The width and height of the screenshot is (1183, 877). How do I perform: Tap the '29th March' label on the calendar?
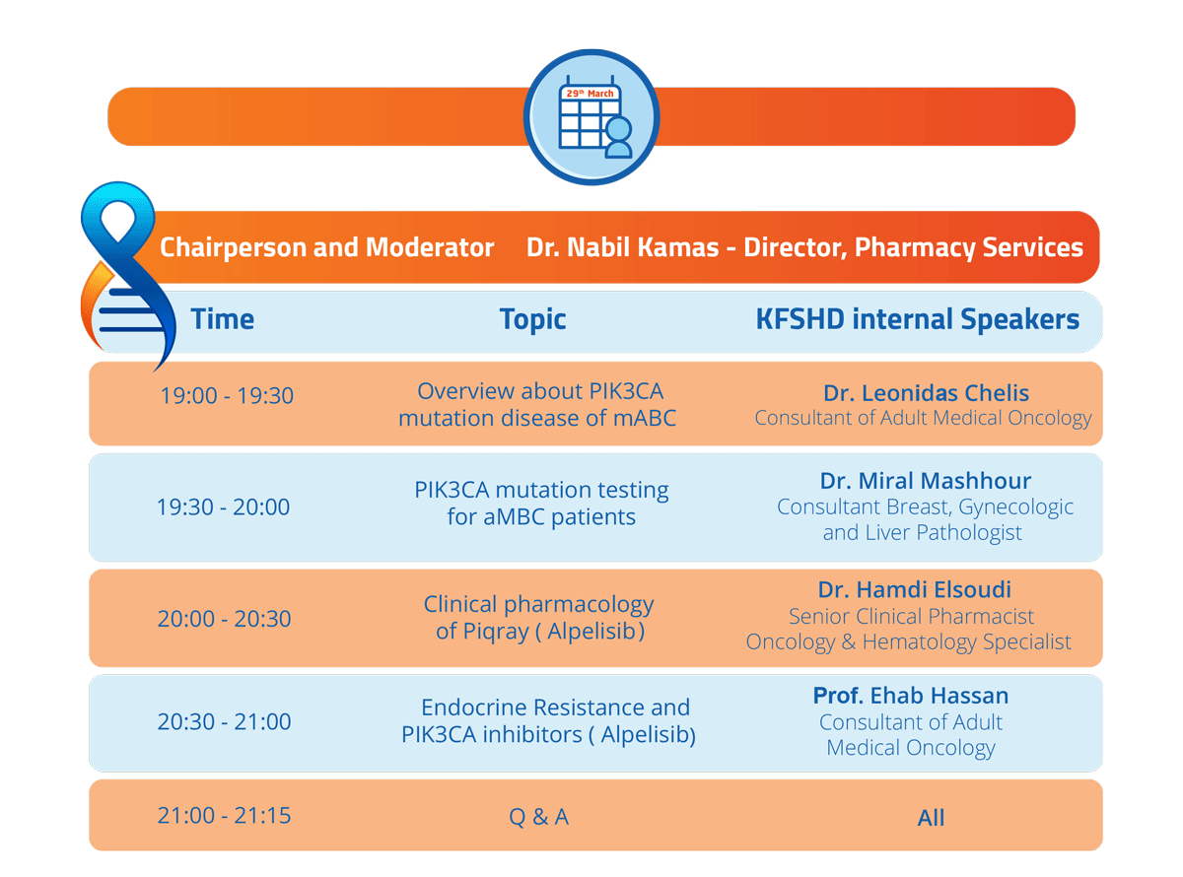tap(590, 94)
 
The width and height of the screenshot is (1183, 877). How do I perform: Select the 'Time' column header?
tap(222, 319)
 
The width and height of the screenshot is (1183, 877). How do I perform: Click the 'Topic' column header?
tap(532, 320)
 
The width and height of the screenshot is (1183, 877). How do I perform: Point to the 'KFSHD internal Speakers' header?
tap(917, 319)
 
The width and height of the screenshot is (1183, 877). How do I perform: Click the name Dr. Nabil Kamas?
tap(622, 247)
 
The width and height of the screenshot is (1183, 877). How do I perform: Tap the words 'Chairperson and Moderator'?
tap(326, 247)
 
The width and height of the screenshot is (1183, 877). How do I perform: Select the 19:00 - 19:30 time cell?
tap(227, 395)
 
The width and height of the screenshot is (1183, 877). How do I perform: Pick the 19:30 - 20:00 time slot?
tap(223, 506)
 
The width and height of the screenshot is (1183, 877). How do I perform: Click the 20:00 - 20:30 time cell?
tap(224, 619)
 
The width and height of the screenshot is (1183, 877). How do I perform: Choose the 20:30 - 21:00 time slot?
tap(224, 721)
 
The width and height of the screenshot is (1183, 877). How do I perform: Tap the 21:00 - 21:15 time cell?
tap(224, 815)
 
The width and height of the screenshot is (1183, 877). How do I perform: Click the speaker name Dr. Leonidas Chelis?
tap(926, 393)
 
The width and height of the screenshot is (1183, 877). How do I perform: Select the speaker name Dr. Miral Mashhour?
tap(925, 480)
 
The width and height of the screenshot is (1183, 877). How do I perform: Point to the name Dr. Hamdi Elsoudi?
tap(914, 589)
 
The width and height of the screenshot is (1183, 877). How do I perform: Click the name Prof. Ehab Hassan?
tap(911, 696)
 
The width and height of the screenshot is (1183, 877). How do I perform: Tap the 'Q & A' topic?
tap(538, 817)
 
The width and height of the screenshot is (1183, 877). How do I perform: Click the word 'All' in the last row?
tap(931, 818)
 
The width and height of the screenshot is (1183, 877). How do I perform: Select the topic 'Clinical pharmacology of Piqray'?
tap(538, 618)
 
